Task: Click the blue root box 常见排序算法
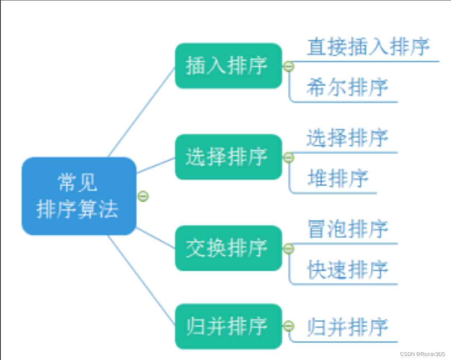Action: [79, 196]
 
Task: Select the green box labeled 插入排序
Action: [228, 66]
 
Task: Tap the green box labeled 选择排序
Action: [228, 157]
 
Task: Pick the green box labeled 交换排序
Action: [228, 248]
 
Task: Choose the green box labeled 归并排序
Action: [228, 327]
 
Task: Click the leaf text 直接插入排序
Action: [368, 47]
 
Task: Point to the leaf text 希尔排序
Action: [347, 88]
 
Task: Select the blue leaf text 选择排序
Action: [347, 138]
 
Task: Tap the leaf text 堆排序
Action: [338, 178]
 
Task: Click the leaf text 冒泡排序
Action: [347, 229]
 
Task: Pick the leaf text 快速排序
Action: [347, 270]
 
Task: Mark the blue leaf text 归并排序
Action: [347, 327]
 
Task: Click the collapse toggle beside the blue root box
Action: [143, 197]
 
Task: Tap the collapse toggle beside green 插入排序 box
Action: [288, 66]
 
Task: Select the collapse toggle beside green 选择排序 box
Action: [288, 157]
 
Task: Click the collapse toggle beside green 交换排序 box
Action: [288, 249]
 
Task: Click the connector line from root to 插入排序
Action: [141, 112]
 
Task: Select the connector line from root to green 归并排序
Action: [141, 280]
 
